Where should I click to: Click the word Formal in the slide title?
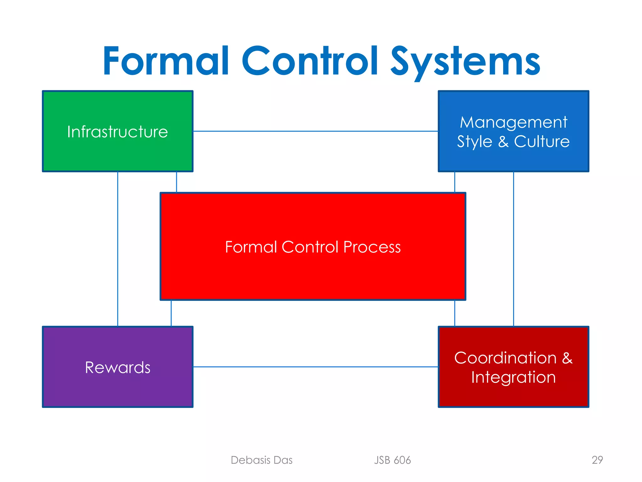pos(166,61)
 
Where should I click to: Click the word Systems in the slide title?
pos(465,61)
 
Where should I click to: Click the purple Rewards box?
pos(118,389)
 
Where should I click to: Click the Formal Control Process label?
pos(313,247)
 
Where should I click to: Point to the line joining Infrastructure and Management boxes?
pos(315,131)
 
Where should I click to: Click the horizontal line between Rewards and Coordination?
pos(315,367)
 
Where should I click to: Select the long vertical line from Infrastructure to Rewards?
pos(118,248)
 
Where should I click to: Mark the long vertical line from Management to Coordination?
pos(513,248)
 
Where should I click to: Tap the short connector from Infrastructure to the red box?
pos(176,182)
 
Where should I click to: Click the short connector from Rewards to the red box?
pos(171,313)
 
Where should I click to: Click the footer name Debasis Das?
pos(261,460)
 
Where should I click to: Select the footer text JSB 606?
pos(392,460)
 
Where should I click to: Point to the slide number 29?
pos(597,460)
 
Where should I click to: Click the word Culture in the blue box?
pos(542,142)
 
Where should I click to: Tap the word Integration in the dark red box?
pos(513,377)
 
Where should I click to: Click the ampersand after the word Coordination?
pos(567,358)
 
